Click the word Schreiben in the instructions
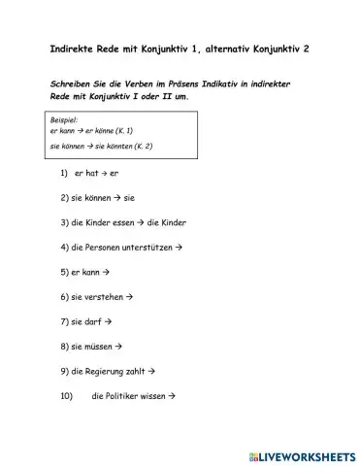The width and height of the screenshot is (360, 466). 71,85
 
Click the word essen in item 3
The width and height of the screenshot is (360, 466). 127,222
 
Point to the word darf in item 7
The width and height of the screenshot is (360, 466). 91,321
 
